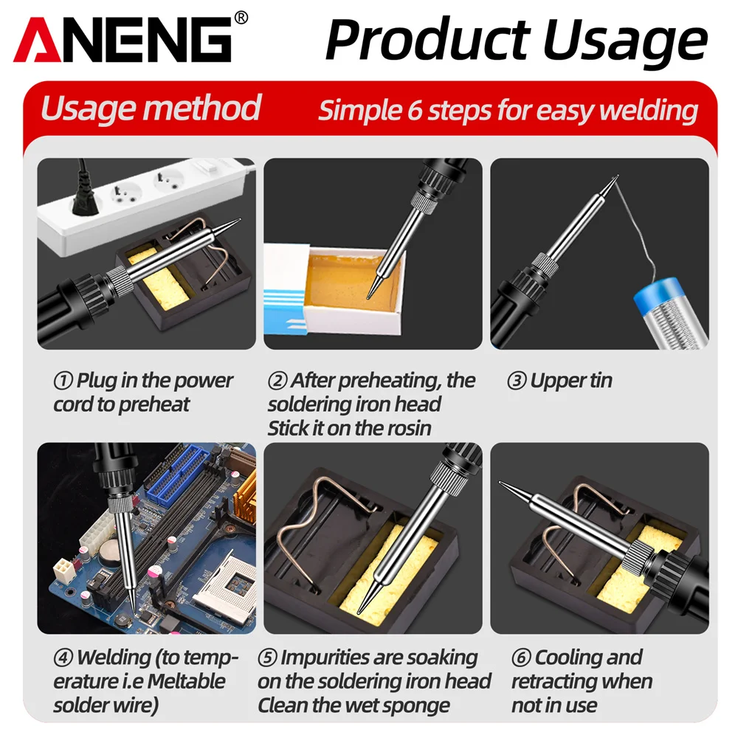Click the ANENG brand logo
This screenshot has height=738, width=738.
[x=123, y=40]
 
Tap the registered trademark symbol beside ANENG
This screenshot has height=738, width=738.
[x=241, y=18]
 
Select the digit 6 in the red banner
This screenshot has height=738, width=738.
[x=414, y=111]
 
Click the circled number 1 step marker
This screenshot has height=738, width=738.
[x=63, y=381]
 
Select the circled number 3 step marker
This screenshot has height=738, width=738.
[x=517, y=381]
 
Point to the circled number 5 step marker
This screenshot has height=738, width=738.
[x=267, y=658]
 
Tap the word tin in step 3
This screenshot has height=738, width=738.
[x=599, y=380]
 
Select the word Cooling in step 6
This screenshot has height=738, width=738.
[x=589, y=658]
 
